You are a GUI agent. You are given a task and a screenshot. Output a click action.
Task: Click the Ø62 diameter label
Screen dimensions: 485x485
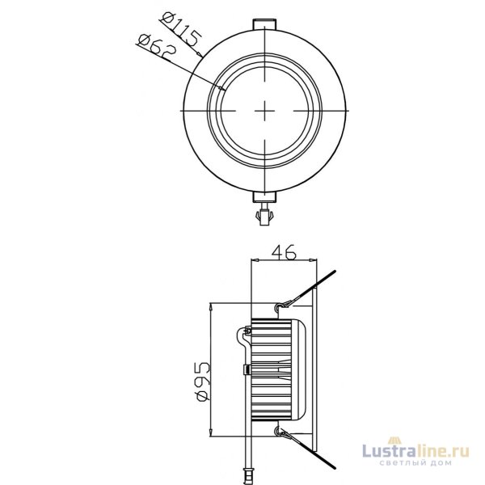[x=157, y=48]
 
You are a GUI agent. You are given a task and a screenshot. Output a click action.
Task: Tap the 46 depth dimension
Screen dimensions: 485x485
[x=284, y=252]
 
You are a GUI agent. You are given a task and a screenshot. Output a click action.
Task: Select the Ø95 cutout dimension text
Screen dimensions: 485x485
[x=204, y=382]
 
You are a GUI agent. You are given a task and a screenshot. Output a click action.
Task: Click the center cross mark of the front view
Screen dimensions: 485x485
[x=265, y=111]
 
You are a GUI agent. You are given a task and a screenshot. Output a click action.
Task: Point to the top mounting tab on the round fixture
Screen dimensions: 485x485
[x=265, y=25]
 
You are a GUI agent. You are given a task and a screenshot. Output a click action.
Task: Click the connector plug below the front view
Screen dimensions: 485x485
[x=264, y=215]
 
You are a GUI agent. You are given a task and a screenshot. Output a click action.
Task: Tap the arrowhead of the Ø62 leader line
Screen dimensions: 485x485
[x=222, y=89]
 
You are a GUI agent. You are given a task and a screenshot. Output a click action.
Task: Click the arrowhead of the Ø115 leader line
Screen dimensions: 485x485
[x=200, y=55]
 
